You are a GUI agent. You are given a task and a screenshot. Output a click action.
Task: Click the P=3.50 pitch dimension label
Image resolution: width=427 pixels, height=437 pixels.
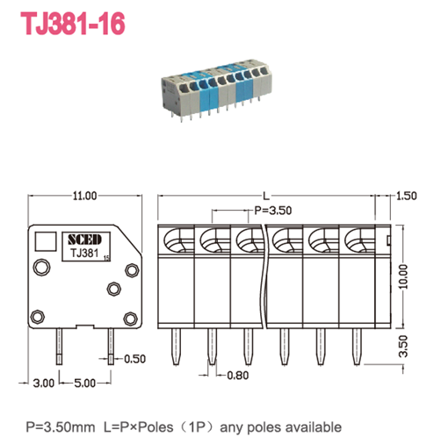273,211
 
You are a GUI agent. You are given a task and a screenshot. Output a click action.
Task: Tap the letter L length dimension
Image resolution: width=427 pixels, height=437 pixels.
265,195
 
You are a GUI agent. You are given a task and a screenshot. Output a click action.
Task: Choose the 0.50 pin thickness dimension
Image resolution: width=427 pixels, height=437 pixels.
134,359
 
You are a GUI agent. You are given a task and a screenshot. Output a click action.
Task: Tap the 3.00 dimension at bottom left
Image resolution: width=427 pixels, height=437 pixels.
43,383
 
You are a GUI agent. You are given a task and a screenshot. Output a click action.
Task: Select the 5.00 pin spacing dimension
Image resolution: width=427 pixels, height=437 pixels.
84,383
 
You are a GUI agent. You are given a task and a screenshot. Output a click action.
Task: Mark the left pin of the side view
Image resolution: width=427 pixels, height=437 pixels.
59,345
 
